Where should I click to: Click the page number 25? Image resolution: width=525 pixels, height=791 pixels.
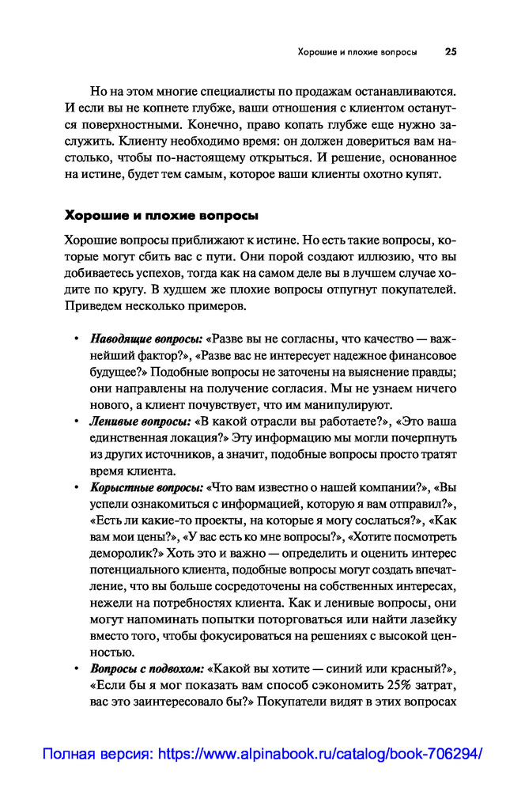(451, 53)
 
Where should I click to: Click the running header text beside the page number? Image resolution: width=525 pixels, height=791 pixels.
(357, 53)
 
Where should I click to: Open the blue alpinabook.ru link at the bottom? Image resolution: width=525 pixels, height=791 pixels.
(320, 755)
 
